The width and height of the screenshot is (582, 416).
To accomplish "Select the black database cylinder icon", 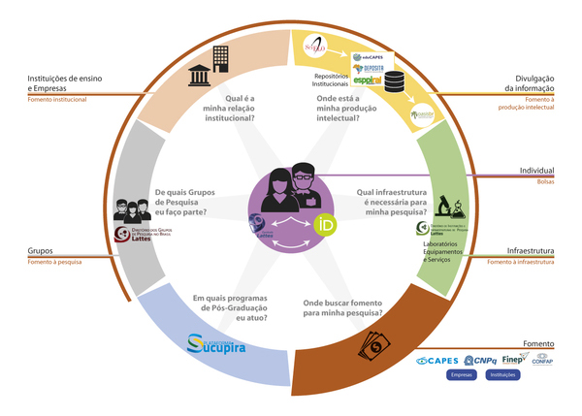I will [396, 81].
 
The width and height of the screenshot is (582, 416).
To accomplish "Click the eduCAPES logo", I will [366, 58].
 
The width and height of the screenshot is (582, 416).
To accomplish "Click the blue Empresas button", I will [461, 375].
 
